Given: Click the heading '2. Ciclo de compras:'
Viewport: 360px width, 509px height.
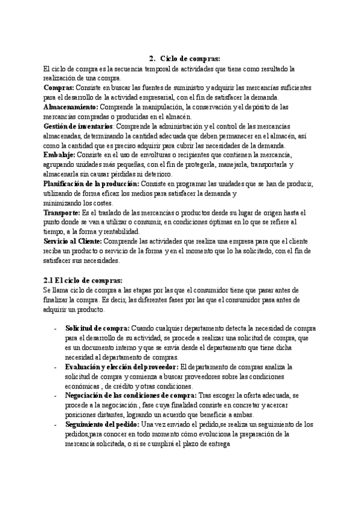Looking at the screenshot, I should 184,59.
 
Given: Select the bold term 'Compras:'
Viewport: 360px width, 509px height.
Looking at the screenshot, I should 59,88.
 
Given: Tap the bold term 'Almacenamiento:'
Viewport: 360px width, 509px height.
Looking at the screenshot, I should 71,107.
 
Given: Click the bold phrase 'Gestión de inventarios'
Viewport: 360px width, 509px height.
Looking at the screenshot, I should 78,127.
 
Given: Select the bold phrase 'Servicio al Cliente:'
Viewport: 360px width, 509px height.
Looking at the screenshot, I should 73,241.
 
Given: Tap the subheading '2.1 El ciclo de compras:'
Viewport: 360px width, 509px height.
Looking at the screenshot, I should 83,280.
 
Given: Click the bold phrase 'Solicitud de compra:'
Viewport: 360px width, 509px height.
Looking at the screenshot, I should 97,328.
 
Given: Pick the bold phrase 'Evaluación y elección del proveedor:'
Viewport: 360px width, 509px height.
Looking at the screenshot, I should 122,367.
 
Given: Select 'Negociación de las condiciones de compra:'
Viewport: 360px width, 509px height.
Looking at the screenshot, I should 130,396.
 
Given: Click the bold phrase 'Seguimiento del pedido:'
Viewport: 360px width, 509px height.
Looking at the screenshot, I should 101,424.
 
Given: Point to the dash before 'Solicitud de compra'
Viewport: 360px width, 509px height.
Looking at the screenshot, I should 56,328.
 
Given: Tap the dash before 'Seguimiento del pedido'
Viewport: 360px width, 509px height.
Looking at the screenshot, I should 56,424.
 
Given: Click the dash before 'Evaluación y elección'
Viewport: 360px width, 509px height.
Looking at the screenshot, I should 56,367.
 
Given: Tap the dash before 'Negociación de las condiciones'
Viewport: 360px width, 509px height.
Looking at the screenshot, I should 56,396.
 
